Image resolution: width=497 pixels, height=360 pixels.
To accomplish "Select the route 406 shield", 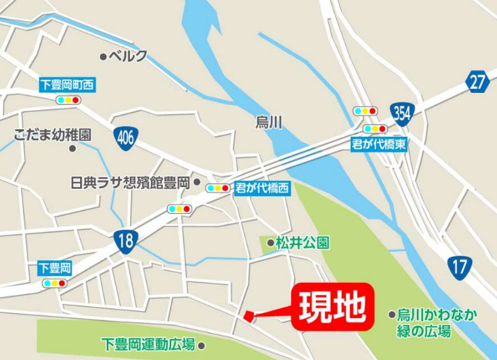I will pyautogui.click(x=126, y=138).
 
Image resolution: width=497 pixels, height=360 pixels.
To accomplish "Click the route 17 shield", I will pyautogui.click(x=459, y=266).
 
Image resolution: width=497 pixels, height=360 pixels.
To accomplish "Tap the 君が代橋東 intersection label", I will pyautogui.click(x=379, y=144).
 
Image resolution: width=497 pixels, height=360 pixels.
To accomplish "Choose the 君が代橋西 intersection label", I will pyautogui.click(x=262, y=188).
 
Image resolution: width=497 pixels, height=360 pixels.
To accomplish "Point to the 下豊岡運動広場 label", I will pyautogui.click(x=148, y=345).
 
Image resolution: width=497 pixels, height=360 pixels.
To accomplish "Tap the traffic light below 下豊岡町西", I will pyautogui.click(x=67, y=100).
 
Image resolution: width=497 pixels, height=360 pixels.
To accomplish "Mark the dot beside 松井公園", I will pyautogui.click(x=270, y=242).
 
